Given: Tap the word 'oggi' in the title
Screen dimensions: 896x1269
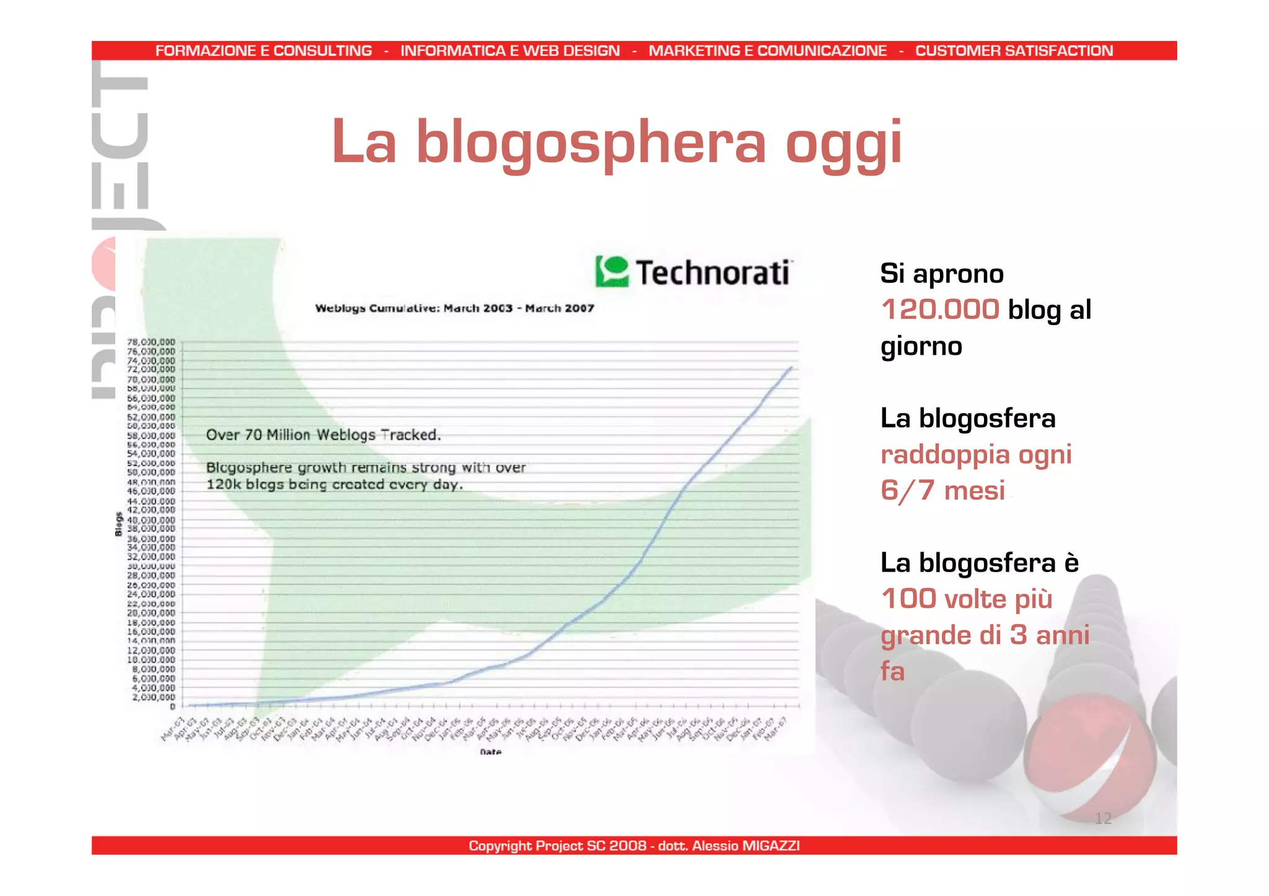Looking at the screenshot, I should point(843,144).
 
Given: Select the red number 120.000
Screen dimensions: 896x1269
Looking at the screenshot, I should point(940,309).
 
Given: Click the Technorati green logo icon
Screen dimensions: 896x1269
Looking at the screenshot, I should point(612,271).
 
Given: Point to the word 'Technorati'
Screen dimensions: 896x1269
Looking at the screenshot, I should point(713,273).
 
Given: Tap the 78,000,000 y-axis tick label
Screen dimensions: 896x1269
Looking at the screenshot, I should point(151,342).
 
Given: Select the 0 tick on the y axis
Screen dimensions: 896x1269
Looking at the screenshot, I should point(172,706).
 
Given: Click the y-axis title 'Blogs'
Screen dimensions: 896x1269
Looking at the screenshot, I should point(118,524).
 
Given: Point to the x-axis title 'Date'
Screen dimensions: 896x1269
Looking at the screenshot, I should point(490,752).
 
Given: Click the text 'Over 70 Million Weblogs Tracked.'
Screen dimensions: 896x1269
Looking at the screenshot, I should point(323,435).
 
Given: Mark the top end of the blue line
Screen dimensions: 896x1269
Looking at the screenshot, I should point(791,368).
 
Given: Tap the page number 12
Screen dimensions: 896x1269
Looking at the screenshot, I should point(1103,819).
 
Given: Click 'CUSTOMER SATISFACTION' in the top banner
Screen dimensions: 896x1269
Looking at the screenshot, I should point(1014,51).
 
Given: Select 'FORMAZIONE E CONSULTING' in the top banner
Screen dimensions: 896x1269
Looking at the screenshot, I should point(263,51).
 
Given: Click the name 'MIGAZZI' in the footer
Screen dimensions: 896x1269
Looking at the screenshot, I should point(770,845).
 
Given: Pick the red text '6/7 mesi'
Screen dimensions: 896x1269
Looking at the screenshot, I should point(942,490).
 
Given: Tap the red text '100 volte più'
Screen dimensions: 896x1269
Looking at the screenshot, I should point(967,599).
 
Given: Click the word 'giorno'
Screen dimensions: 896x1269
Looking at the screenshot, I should point(921,346).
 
